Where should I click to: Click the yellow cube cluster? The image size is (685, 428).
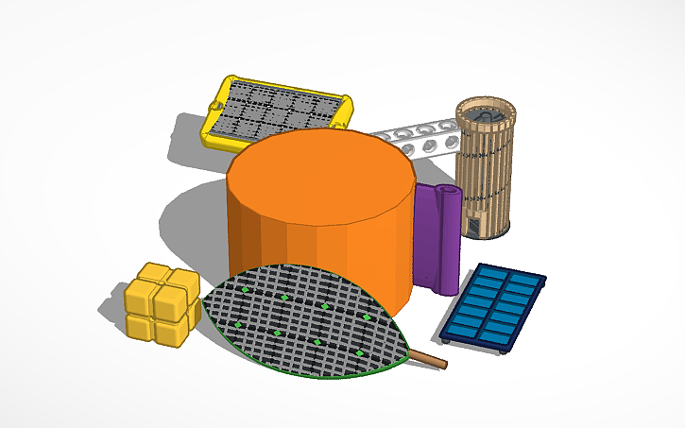tap(162, 304)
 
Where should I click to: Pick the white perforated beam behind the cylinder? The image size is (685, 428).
tap(416, 137)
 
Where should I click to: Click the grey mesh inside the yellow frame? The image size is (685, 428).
tap(274, 111)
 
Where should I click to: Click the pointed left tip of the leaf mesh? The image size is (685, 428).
tap(206, 304)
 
